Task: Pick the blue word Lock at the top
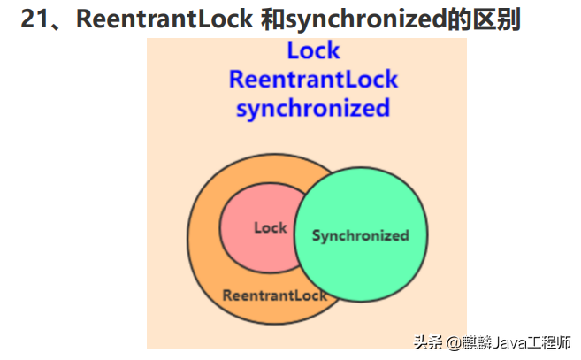coord(313,51)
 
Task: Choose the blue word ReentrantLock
coord(313,80)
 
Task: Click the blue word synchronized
coord(313,109)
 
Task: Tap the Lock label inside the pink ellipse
coord(270,228)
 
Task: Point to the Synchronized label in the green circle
coord(361,235)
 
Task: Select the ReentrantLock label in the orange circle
coord(274,295)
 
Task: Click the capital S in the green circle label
coord(317,236)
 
